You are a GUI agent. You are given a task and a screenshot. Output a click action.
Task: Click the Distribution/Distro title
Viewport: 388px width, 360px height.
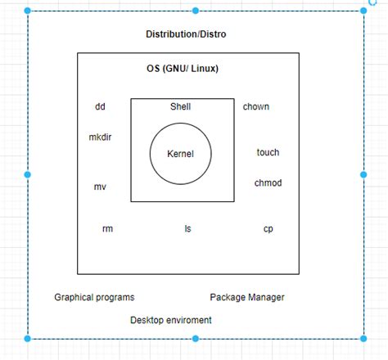(x=186, y=34)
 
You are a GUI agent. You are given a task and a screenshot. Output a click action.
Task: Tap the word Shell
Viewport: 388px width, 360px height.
(x=180, y=107)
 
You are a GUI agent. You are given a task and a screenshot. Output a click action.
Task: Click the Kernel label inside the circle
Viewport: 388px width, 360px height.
(x=180, y=153)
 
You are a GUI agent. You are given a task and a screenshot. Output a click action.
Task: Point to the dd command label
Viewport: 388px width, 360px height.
(x=100, y=107)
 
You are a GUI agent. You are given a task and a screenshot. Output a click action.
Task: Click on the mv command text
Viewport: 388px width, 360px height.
(x=100, y=187)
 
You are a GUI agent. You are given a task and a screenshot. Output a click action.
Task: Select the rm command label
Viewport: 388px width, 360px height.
(x=107, y=229)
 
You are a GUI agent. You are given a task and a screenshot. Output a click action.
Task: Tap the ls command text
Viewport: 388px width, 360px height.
(x=187, y=229)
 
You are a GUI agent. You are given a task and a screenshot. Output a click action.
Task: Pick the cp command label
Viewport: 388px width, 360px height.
(x=268, y=229)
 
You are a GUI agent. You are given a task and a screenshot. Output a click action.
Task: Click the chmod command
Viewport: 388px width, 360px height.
(x=268, y=183)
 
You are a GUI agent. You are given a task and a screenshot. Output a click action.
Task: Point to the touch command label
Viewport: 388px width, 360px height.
(x=268, y=152)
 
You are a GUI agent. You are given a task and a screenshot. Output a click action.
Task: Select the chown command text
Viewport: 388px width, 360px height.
(x=255, y=107)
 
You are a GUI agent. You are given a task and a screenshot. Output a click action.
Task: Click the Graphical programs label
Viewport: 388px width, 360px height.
(x=94, y=298)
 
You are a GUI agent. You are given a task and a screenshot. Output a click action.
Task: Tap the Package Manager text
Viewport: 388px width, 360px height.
(x=247, y=298)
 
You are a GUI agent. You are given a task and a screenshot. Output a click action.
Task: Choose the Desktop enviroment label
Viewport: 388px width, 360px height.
(x=170, y=320)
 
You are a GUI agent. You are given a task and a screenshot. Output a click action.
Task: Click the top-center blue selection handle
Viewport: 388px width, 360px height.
(x=195, y=11)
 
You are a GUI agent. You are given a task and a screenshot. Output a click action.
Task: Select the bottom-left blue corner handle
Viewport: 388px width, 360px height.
(x=28, y=338)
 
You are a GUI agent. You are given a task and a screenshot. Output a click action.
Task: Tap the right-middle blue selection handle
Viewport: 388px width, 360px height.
(x=363, y=174)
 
